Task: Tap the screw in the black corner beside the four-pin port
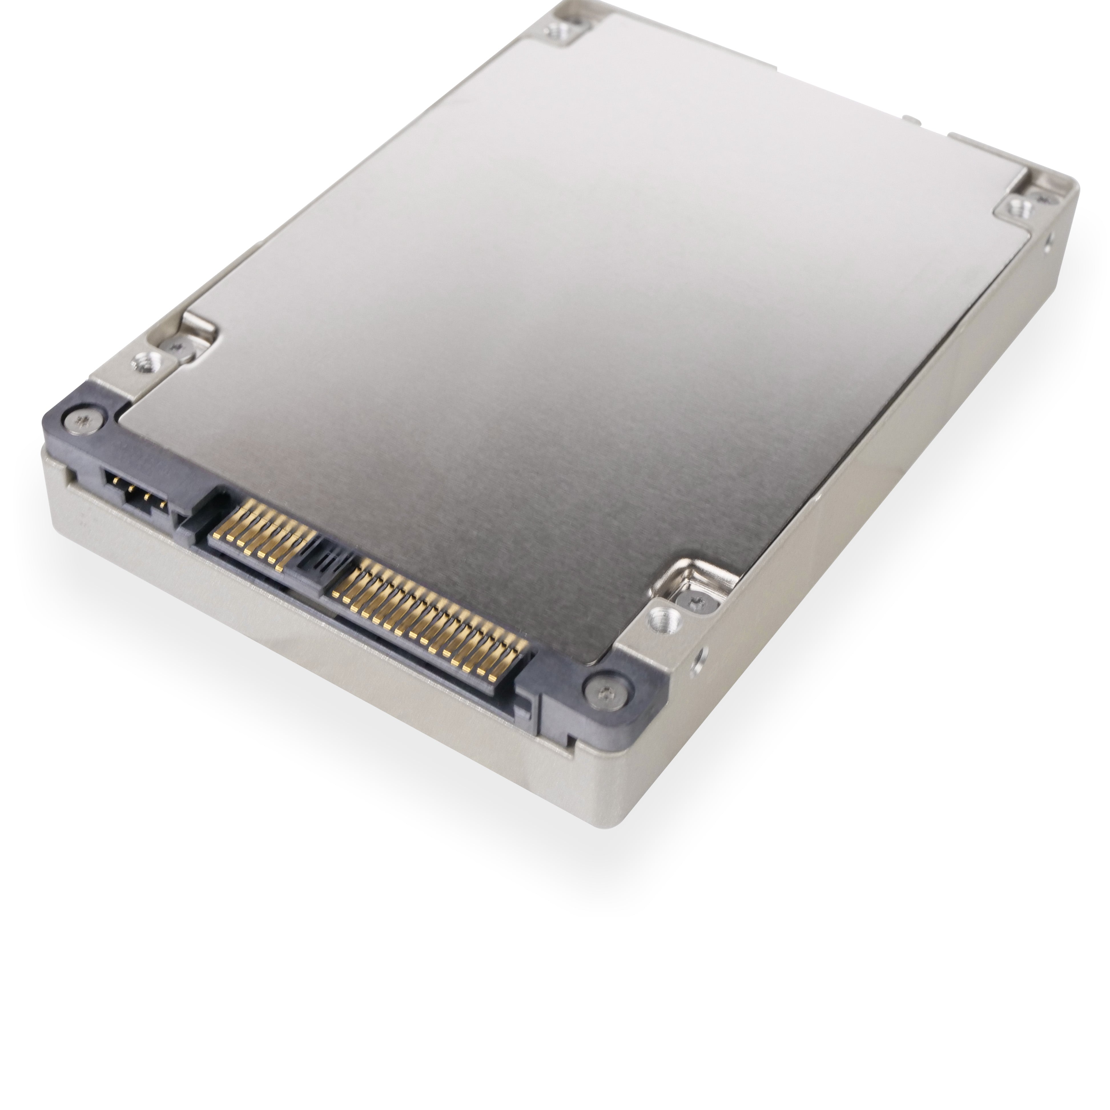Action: click(x=83, y=422)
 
